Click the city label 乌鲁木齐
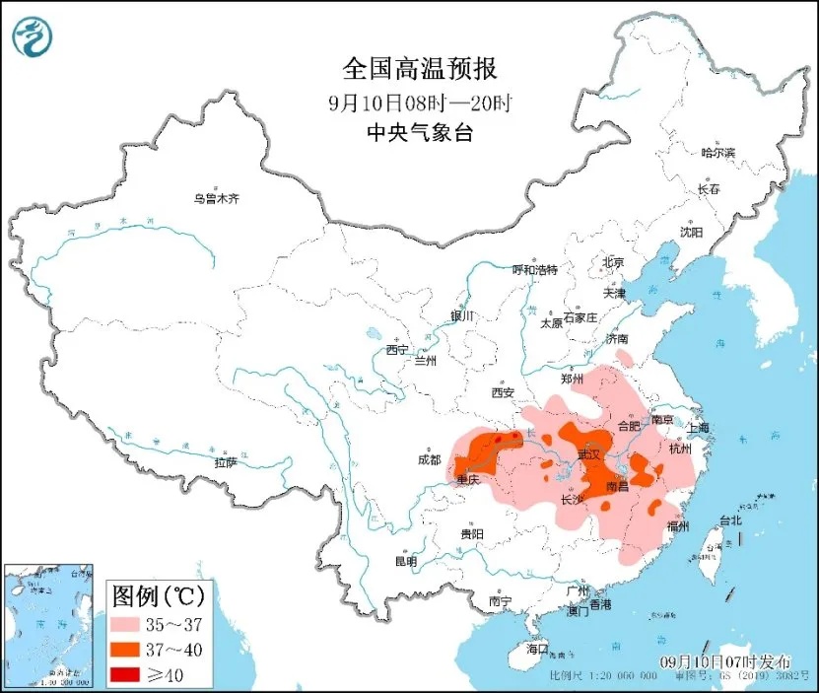(x=217, y=198)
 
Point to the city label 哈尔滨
(x=717, y=153)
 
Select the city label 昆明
(x=406, y=561)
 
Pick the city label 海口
(x=536, y=651)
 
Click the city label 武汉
(x=588, y=454)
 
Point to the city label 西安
(x=503, y=393)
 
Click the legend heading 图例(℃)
(x=156, y=595)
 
